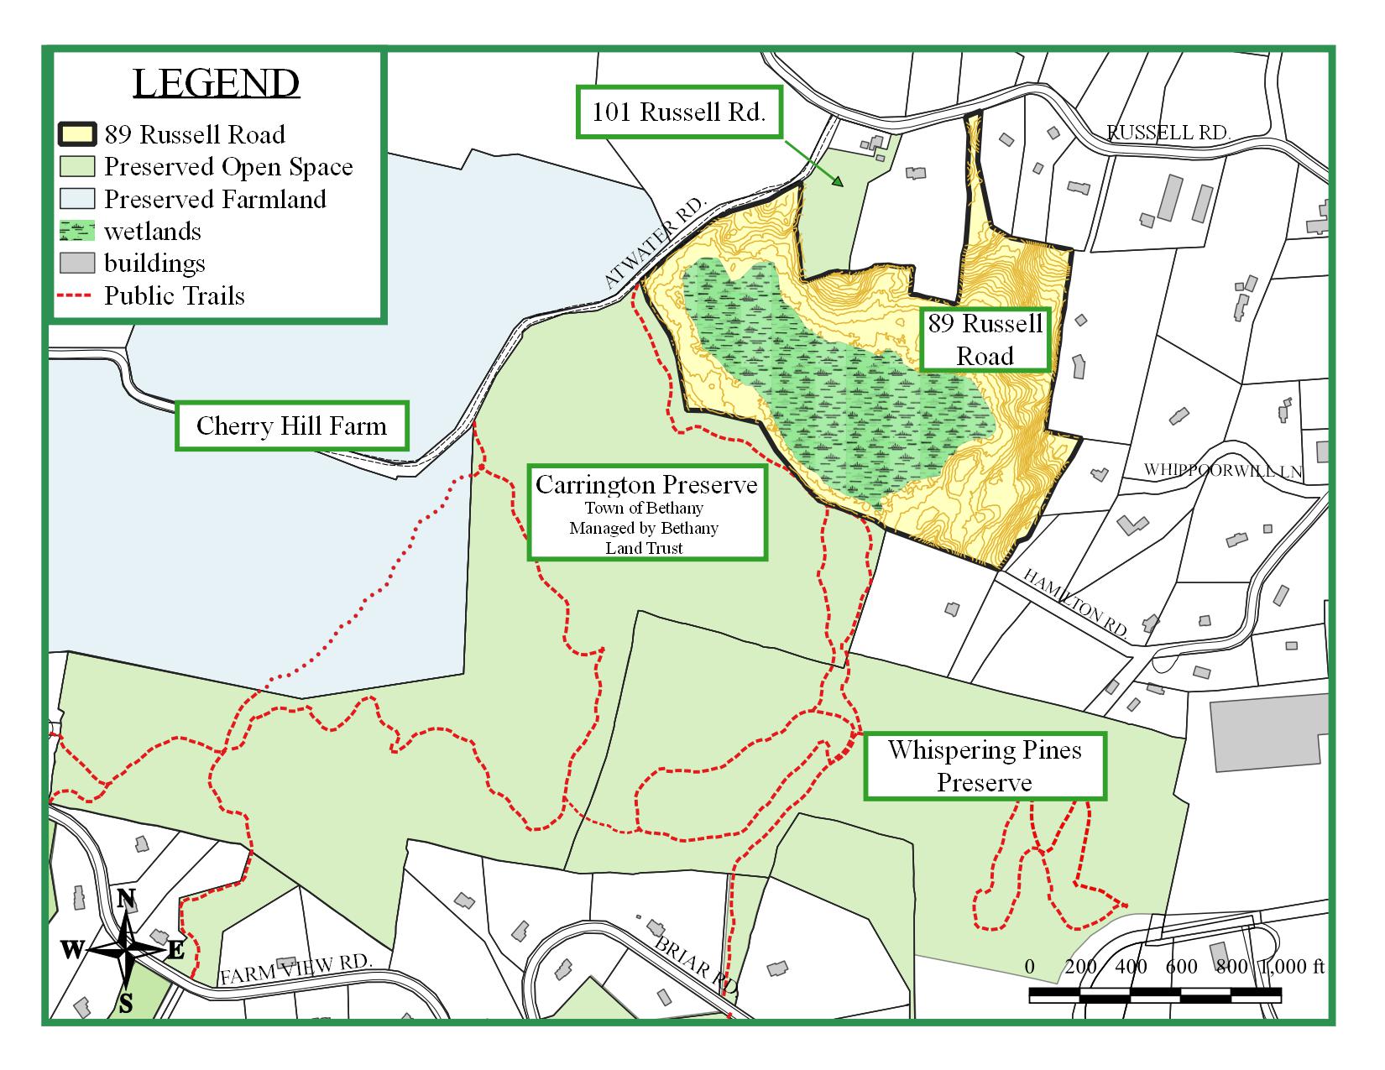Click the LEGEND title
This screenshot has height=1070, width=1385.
(x=216, y=83)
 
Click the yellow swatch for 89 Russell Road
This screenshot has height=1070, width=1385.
(x=76, y=134)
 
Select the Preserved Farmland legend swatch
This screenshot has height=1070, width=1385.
(x=76, y=199)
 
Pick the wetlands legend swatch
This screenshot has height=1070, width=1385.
(x=76, y=231)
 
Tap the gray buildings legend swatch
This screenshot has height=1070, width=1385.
(x=76, y=263)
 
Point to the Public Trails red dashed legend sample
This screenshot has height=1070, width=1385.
(x=76, y=295)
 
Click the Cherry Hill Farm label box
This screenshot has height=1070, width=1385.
(x=291, y=425)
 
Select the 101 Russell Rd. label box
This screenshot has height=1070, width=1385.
(x=678, y=112)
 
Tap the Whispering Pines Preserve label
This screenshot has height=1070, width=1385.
(x=985, y=765)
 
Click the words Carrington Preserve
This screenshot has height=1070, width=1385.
(x=646, y=485)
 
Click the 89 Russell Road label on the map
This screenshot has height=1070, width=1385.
(x=985, y=339)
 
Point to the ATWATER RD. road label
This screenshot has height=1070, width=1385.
(x=657, y=245)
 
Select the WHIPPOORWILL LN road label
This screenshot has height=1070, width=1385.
(x=1223, y=470)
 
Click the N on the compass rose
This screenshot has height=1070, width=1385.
(x=126, y=899)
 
